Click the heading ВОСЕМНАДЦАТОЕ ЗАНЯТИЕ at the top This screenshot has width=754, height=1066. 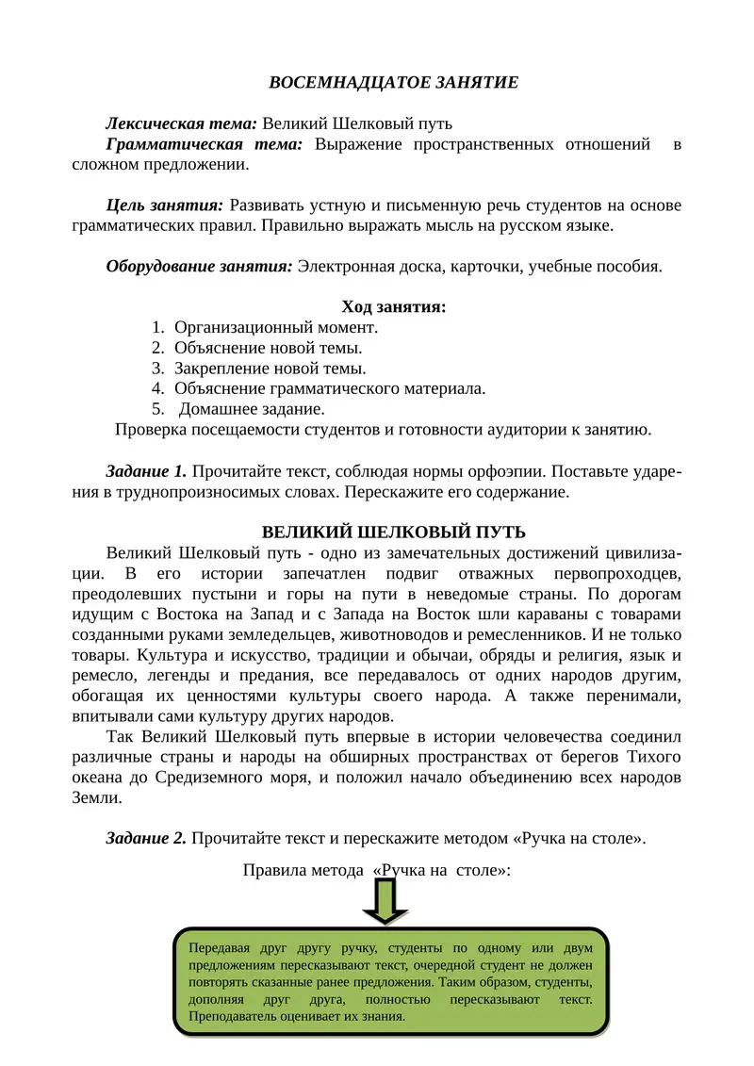(x=393, y=83)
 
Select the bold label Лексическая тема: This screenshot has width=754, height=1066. (x=181, y=123)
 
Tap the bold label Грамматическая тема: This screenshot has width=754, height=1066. (x=205, y=144)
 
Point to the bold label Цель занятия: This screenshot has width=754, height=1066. (x=164, y=205)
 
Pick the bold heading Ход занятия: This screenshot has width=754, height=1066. (x=393, y=307)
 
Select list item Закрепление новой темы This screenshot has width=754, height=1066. (x=270, y=369)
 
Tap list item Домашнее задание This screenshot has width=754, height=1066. (x=252, y=409)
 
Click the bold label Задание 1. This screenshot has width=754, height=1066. (x=146, y=471)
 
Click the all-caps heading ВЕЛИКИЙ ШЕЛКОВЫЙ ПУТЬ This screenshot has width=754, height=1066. (x=393, y=533)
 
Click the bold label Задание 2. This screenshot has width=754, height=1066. (x=146, y=839)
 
